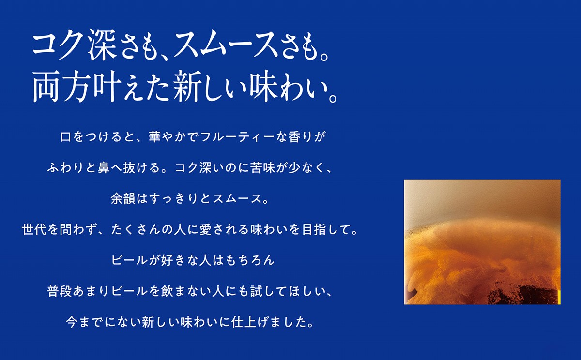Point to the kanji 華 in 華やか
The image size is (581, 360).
click(155, 137)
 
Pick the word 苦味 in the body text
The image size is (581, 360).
click(262, 168)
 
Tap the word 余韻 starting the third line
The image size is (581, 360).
click(123, 198)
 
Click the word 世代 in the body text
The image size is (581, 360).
click(34, 229)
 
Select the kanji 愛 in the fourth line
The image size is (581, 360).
click(205, 229)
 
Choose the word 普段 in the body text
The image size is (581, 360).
click(60, 291)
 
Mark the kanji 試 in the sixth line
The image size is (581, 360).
click(256, 291)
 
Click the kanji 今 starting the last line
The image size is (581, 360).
click(72, 322)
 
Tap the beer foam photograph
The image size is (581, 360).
click(482, 242)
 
